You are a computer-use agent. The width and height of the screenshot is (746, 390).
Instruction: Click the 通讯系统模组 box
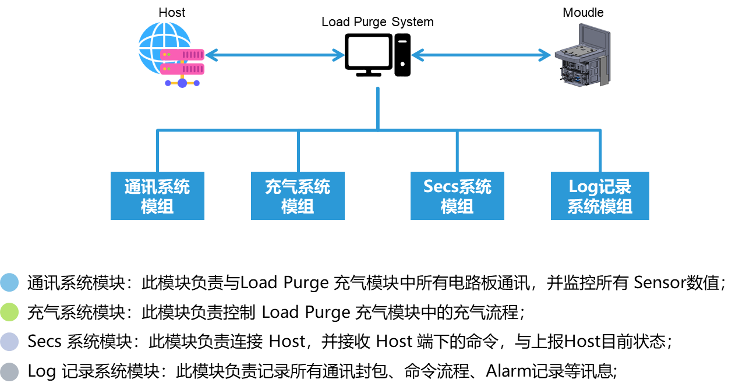coord(157,196)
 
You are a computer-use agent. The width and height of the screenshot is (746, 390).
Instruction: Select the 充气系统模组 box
coord(298,196)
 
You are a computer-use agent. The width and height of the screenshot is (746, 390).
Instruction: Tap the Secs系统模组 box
coord(457,196)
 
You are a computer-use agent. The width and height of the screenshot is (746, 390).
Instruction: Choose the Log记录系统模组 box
coord(600,196)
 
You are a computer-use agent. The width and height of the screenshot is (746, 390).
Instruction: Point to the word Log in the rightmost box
coord(584,186)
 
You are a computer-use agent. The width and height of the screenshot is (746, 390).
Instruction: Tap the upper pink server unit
coord(183,55)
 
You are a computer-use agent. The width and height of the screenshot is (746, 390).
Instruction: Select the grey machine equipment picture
coord(583,55)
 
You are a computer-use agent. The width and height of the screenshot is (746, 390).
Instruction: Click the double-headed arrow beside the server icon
coord(275,55)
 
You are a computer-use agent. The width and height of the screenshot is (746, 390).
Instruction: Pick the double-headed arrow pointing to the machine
coord(481,55)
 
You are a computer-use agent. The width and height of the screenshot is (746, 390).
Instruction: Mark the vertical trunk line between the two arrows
coord(378,108)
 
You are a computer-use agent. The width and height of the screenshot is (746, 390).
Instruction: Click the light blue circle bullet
coord(9,282)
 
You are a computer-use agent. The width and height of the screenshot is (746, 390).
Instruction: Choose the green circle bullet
coord(9,312)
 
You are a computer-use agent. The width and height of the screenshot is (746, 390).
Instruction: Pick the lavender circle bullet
coord(9,342)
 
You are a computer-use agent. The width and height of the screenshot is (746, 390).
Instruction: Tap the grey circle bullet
coord(9,371)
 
